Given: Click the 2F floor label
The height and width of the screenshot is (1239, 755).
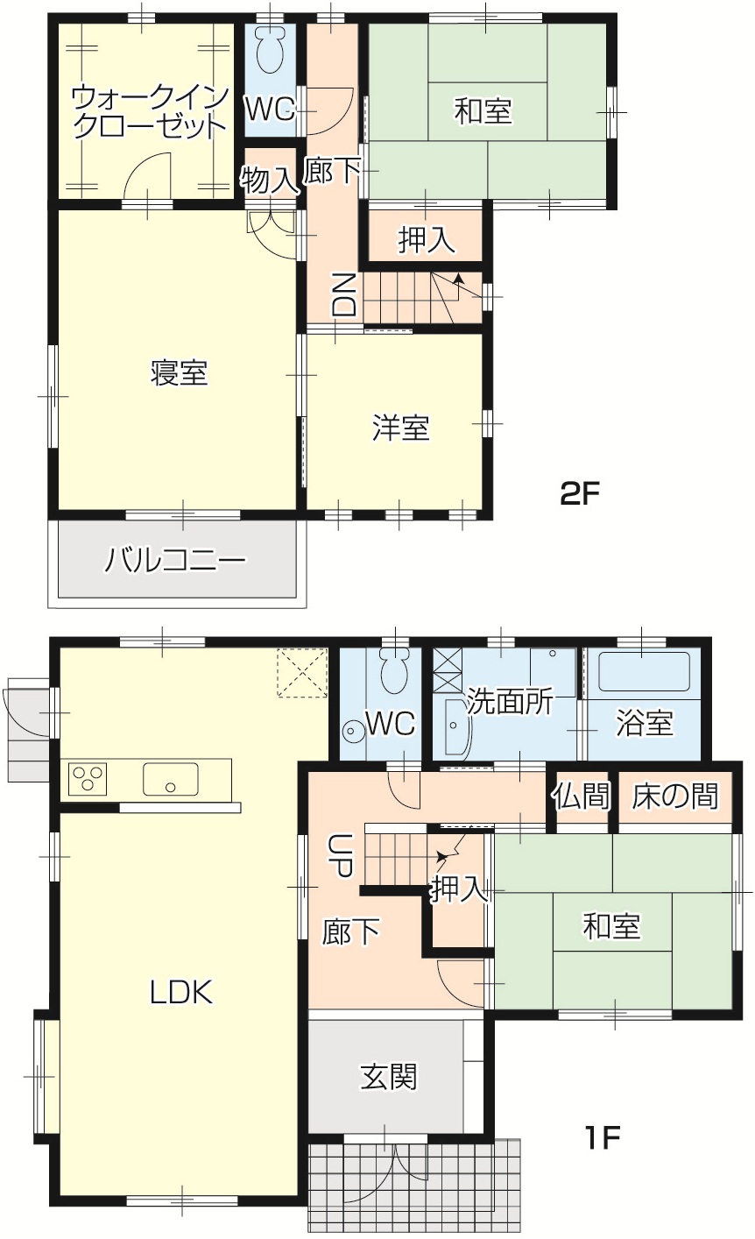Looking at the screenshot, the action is (580, 493).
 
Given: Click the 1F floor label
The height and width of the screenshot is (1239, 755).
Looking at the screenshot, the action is (603, 1137).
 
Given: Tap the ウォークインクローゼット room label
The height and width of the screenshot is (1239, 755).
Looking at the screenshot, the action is (150, 112).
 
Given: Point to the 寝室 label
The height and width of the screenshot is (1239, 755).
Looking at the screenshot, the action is (179, 372).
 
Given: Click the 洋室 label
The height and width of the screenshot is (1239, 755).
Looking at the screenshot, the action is (401, 428).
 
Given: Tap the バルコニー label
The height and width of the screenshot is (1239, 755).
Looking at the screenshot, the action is (175, 560).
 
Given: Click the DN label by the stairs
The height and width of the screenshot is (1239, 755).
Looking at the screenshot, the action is (344, 294).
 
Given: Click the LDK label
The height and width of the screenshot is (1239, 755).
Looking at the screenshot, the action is (181, 992).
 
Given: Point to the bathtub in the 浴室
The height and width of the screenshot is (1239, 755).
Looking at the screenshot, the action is (644, 671).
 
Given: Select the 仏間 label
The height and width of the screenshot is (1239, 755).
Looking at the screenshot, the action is (581, 796).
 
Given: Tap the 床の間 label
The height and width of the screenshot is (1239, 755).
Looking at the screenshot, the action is (675, 796).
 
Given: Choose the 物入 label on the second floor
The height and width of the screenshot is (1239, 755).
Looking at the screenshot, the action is (269, 180).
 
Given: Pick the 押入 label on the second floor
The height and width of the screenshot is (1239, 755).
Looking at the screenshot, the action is (427, 240).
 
